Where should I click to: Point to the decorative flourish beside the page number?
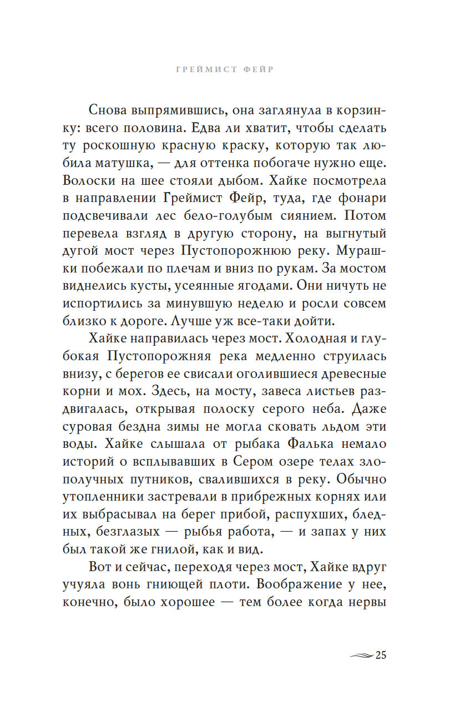coord(361,656)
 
